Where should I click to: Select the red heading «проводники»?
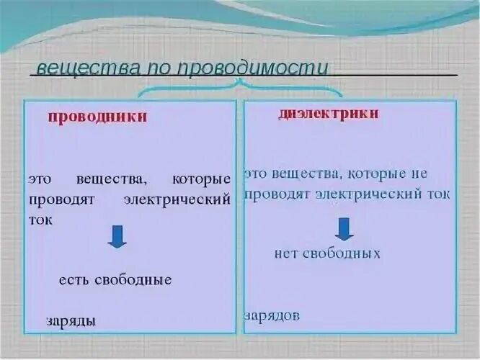point(97,117)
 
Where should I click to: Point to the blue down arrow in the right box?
point(345,228)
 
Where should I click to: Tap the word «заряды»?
point(71,321)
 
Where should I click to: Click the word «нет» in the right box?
point(287,253)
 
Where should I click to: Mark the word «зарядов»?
point(272,315)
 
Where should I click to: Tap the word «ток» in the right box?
point(437,194)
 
